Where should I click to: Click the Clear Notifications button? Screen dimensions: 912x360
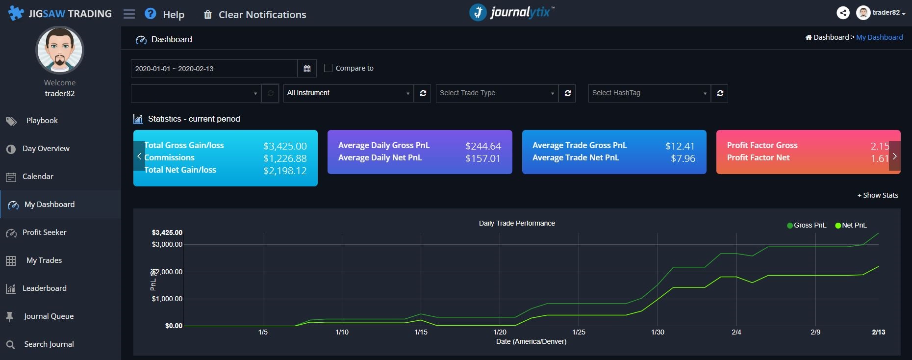point(255,15)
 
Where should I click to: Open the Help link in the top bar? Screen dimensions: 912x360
point(165,14)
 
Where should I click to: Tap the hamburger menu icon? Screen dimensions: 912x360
point(129,14)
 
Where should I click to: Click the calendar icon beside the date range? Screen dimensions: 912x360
point(307,69)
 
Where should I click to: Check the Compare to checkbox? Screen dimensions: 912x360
point(329,68)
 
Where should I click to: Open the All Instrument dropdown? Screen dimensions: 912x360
point(349,93)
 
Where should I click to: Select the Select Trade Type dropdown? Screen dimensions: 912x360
point(497,93)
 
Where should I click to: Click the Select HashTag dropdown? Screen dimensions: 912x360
point(649,93)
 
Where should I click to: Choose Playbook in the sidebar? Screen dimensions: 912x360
point(42,121)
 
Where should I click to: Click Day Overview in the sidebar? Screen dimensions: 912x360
point(46,149)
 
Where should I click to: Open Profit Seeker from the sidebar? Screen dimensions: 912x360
point(44,232)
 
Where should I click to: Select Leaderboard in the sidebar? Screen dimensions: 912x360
point(44,288)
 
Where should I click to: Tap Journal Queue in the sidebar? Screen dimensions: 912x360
point(49,316)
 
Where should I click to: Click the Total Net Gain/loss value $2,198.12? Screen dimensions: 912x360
point(285,171)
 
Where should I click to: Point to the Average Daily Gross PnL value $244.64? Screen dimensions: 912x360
point(483,146)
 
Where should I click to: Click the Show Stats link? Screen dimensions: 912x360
point(878,195)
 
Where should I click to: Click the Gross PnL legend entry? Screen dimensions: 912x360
point(807,225)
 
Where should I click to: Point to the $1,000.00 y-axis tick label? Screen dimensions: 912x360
point(167,299)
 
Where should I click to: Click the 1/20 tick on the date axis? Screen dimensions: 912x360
point(500,332)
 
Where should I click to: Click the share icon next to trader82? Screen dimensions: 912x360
point(843,13)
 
